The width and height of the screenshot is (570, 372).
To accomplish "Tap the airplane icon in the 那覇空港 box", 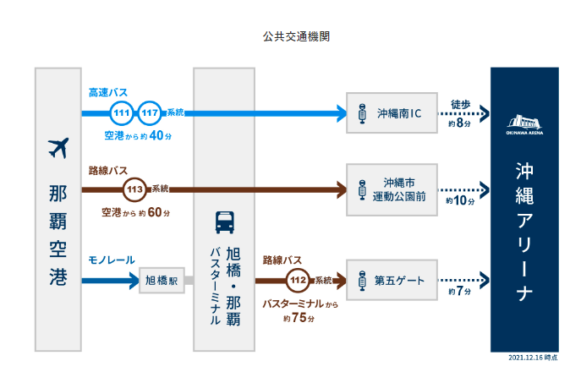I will coord(58,149).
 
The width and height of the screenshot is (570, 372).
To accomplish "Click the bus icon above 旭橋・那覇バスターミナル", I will coord(224,222).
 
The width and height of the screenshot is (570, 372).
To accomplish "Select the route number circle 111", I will coord(123,112).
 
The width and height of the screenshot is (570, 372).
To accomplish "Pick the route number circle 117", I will coord(151,112).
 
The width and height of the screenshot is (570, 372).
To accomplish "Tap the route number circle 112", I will coord(297,279).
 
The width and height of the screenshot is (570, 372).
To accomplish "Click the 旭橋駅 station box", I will coord(161,280).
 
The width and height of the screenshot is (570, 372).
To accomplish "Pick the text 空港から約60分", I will coord(135,211).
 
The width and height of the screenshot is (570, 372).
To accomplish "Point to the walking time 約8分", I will coord(461,123).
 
